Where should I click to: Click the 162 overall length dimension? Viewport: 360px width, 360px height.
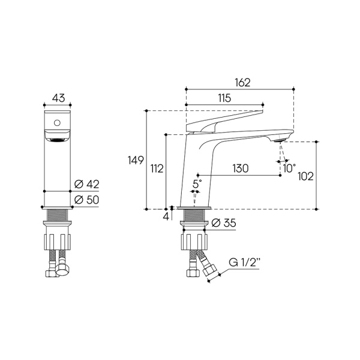coord(242,83)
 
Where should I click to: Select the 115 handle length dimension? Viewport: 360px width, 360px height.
coord(224,98)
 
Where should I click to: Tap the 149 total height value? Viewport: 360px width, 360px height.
coord(136,160)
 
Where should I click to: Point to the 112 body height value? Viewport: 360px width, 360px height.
coord(157,169)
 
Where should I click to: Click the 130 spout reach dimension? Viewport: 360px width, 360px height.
coord(241,168)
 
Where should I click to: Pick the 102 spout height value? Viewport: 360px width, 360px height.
coord(305,176)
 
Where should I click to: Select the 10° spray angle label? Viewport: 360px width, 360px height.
coord(289,168)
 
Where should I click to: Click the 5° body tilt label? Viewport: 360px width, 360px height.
coord(197,184)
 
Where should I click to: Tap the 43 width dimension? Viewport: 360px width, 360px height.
coord(58,98)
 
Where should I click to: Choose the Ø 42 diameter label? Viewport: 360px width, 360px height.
coord(87,184)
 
